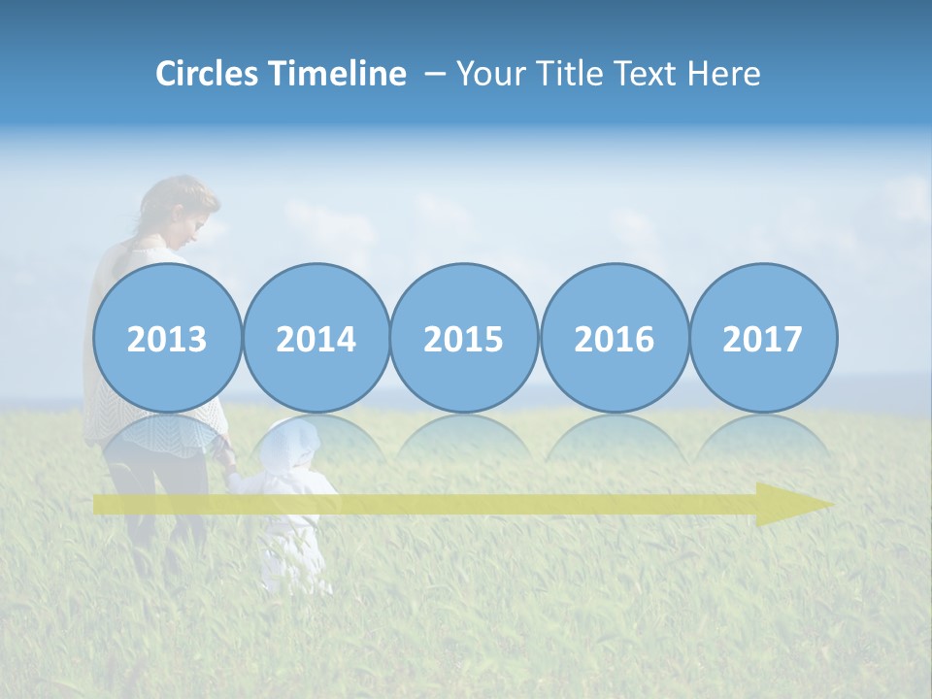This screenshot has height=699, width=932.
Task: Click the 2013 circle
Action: click(167, 338)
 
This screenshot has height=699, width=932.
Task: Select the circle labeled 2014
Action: click(316, 338)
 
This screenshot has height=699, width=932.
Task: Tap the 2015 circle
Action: click(464, 338)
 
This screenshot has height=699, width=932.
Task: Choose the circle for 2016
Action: click(614, 338)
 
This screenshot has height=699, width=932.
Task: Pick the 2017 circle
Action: click(762, 338)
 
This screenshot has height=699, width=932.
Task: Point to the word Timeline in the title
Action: click(339, 74)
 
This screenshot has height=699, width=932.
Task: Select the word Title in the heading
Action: click(568, 74)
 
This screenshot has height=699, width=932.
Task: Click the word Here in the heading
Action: click(724, 74)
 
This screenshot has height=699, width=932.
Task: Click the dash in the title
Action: click(435, 74)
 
